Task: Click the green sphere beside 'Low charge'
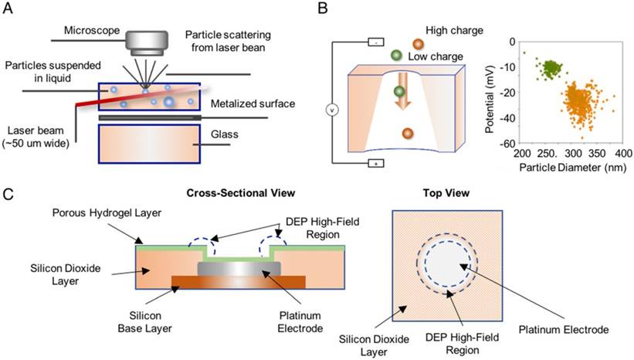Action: tap(396, 56)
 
